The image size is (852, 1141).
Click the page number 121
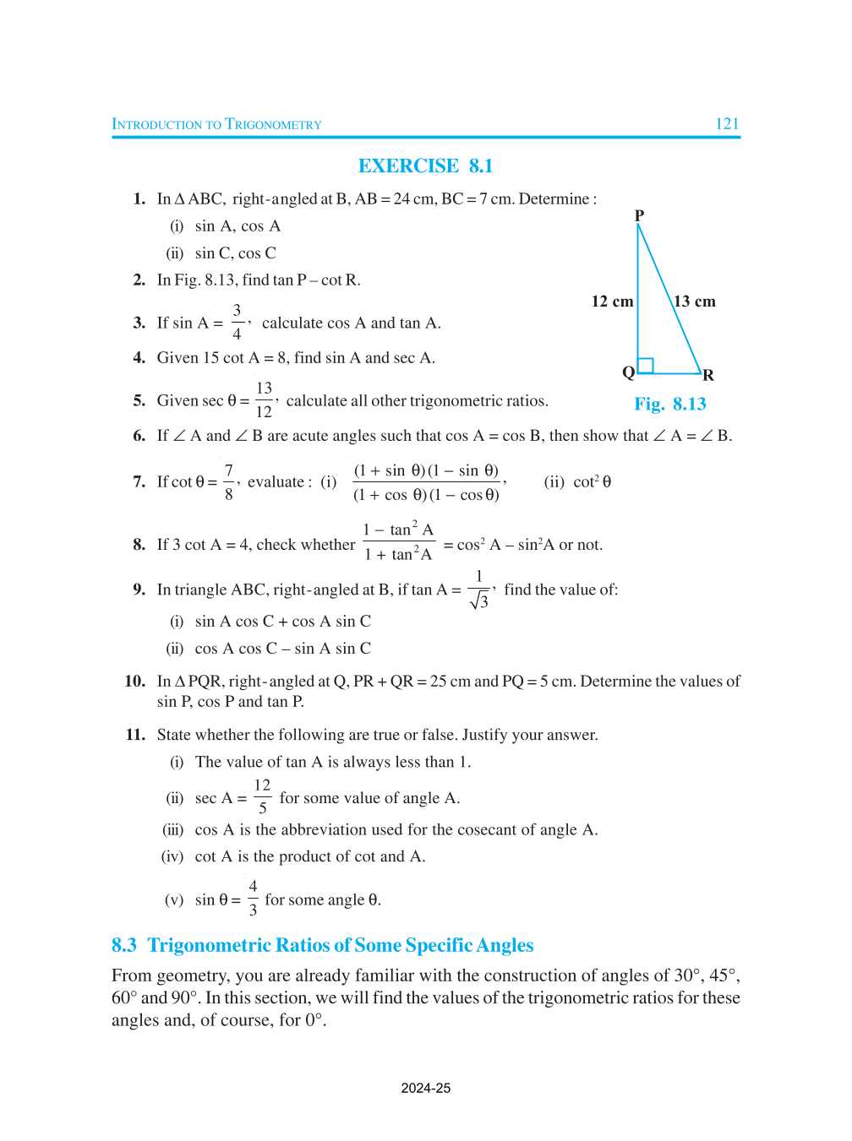point(727,123)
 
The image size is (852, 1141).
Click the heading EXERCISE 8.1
point(425,166)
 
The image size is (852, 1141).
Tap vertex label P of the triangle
point(639,215)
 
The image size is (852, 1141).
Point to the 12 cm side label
point(612,302)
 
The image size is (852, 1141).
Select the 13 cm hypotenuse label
point(695,302)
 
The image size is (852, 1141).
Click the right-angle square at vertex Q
point(646,366)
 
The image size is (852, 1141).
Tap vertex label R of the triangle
point(708,375)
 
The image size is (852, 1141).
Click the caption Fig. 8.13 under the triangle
point(670,404)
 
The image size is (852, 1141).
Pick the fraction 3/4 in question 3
point(237,322)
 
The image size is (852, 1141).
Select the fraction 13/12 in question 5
point(264,399)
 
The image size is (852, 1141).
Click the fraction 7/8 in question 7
point(228,481)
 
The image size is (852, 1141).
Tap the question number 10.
point(134,681)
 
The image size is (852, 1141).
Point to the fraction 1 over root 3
point(478,590)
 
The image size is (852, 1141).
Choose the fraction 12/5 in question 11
point(262,796)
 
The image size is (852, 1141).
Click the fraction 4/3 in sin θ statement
point(253,898)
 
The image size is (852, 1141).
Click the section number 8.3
point(124,945)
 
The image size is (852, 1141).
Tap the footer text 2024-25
point(426,1088)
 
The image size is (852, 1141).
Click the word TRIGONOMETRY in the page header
point(273,125)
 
